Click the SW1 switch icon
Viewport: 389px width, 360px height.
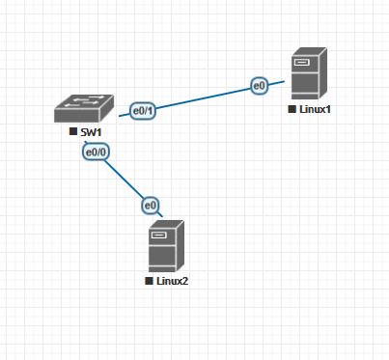84,108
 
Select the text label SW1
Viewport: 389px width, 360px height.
91,132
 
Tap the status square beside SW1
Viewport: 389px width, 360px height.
73,131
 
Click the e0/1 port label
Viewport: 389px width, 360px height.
143,111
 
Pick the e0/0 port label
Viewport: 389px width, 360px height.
97,152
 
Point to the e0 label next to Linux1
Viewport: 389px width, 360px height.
259,86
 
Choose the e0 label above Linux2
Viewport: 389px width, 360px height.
151,206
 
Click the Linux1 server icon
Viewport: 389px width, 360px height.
309,73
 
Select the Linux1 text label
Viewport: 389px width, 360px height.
315,109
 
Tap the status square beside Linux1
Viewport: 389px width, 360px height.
292,109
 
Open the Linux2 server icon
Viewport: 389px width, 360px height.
166,246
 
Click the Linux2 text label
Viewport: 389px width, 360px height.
172,281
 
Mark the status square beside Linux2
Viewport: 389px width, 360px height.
149,281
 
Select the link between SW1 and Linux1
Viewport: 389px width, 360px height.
202,98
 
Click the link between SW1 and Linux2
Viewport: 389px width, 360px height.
124,179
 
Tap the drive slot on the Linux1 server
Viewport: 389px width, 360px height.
301,62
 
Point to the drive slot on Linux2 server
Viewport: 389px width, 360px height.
158,235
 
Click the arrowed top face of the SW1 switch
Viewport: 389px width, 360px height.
84,102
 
